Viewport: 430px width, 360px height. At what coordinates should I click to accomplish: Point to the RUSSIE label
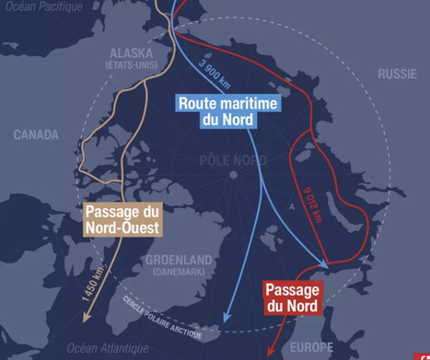coord(399,73)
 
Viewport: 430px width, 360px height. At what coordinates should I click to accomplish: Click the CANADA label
coord(36,134)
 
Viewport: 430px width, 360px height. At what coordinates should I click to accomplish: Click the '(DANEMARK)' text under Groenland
coord(179,273)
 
